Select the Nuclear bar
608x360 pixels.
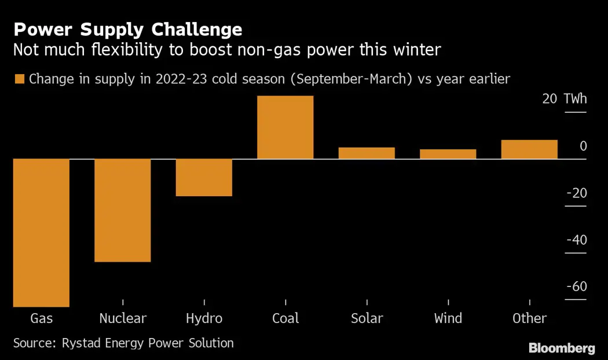point(123,210)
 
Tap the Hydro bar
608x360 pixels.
point(204,177)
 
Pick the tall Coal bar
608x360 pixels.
point(285,127)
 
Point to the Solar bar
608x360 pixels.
point(367,153)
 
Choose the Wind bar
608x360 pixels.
point(448,154)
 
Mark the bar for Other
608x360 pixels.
point(529,149)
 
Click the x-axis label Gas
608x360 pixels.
point(41,318)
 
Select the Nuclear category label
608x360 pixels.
point(123,318)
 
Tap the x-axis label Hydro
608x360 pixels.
point(204,318)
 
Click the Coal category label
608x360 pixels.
point(285,318)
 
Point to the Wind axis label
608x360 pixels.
point(448,318)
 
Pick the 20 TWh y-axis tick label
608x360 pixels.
point(565,99)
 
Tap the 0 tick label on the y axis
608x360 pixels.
point(583,146)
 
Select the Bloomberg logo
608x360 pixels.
point(562,348)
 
